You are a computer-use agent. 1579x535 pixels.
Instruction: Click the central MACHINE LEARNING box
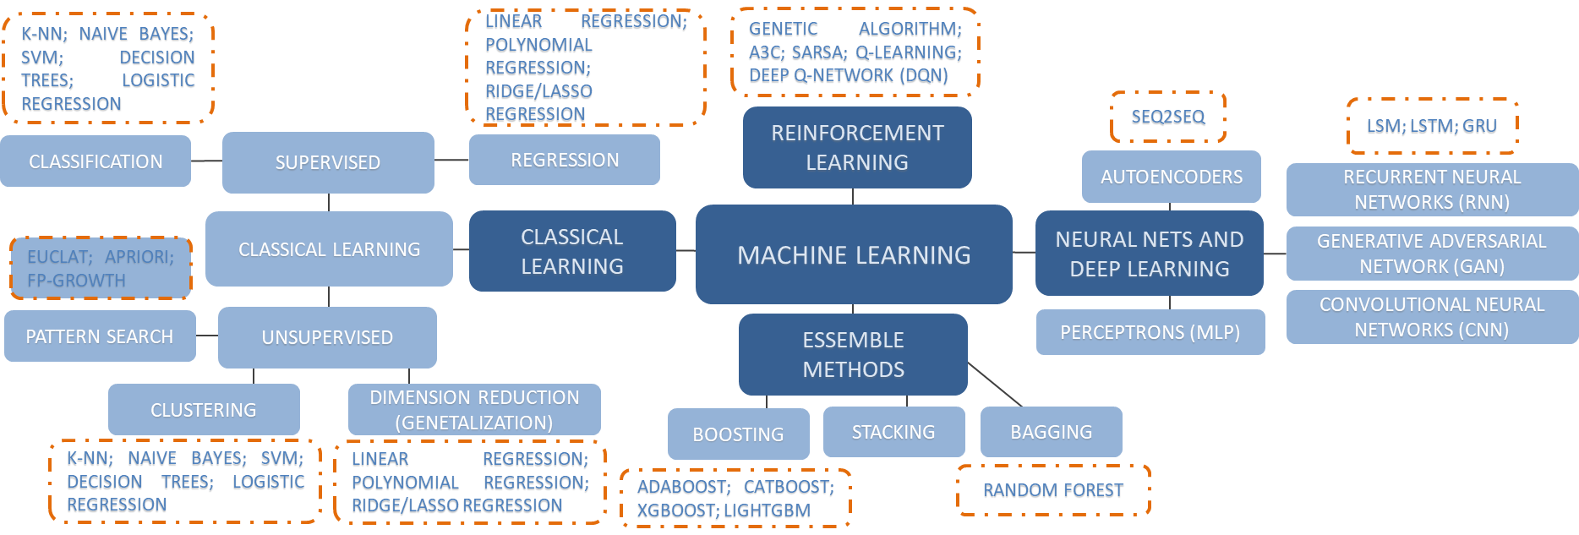click(x=854, y=254)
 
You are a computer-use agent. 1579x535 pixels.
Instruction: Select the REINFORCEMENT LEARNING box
click(x=857, y=147)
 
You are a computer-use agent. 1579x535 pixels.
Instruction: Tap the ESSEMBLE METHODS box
click(x=853, y=354)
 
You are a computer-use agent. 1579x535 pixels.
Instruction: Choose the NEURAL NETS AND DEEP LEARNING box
click(x=1149, y=254)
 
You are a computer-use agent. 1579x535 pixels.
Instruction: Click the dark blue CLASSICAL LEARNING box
click(x=572, y=251)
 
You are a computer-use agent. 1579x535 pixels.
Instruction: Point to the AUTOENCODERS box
click(x=1171, y=177)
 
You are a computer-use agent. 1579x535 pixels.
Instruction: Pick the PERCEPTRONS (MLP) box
click(x=1150, y=332)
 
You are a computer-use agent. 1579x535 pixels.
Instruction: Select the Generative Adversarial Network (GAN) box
click(x=1431, y=254)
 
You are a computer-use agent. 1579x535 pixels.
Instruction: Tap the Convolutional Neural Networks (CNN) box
click(x=1431, y=317)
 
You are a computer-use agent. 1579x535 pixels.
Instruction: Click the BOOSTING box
click(x=738, y=434)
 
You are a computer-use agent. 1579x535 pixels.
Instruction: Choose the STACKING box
click(x=893, y=432)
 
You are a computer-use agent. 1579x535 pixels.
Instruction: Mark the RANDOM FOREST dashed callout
click(x=1053, y=491)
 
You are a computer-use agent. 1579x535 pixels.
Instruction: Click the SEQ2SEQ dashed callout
click(x=1168, y=117)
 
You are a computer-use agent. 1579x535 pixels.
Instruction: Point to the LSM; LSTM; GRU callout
click(x=1432, y=127)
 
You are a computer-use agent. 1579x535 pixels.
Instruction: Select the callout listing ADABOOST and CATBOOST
click(x=735, y=500)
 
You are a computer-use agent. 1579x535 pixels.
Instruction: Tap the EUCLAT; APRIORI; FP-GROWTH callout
click(x=101, y=269)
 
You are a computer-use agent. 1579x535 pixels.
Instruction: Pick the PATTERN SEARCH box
click(x=100, y=336)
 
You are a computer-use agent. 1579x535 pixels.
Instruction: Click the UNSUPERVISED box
click(x=327, y=337)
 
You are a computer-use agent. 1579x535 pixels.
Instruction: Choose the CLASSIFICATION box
click(x=96, y=161)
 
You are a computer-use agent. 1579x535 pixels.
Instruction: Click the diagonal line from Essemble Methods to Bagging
click(x=995, y=385)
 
